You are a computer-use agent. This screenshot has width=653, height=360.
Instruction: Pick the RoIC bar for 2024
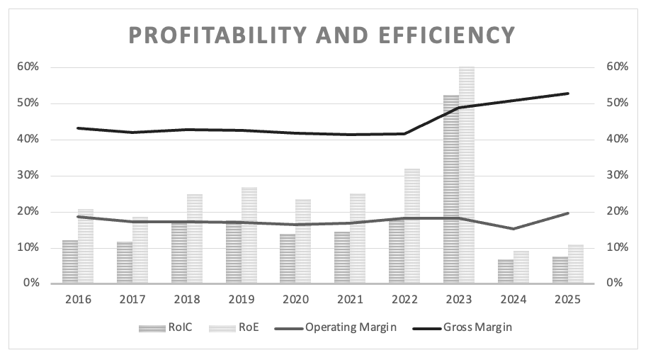click(505, 271)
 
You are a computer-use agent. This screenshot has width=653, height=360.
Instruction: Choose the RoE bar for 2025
click(574, 264)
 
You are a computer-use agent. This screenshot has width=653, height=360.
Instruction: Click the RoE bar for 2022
click(412, 226)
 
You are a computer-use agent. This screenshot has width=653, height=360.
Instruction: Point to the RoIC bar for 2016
click(70, 261)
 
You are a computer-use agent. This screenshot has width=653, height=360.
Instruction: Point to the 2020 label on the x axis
click(295, 300)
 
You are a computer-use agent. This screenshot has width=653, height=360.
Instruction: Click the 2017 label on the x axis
click(132, 300)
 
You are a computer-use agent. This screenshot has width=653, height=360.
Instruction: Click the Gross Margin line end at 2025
click(567, 94)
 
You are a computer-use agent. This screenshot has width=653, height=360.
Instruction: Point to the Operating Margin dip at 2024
click(513, 228)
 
